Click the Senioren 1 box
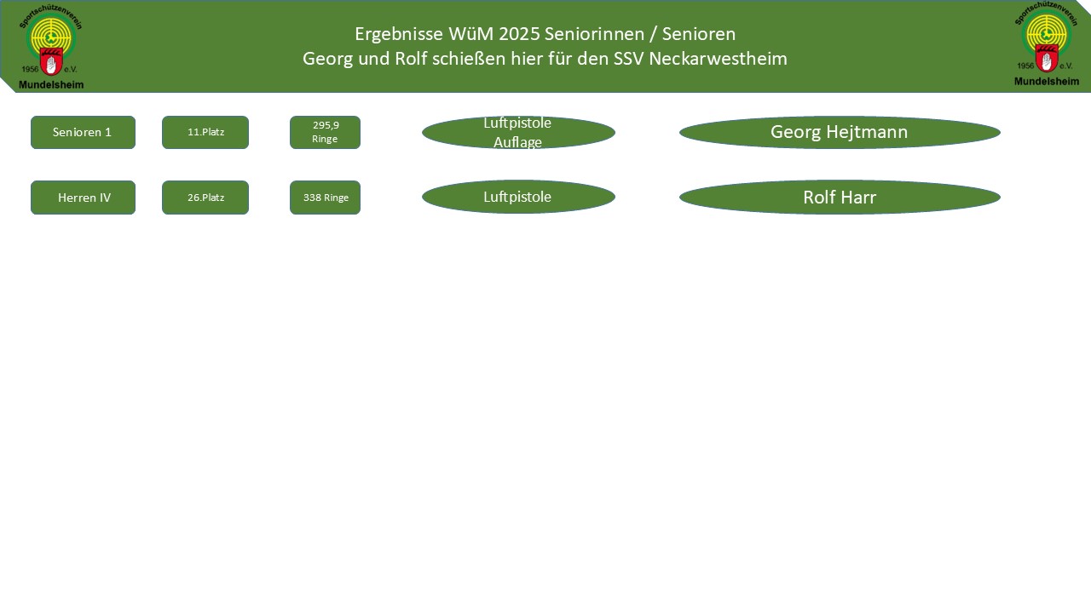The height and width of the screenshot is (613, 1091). (x=83, y=133)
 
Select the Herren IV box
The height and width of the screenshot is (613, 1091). (x=83, y=198)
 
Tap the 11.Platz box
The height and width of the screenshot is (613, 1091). (x=205, y=133)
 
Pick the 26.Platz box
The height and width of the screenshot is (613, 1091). (x=205, y=198)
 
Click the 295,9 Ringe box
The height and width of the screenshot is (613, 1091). (x=325, y=133)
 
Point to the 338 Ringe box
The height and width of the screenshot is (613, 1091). (x=325, y=198)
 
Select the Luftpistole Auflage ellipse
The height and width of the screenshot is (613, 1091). (x=518, y=133)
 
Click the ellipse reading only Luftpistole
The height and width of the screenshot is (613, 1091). (x=518, y=198)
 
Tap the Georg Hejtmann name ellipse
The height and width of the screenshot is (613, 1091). (x=840, y=133)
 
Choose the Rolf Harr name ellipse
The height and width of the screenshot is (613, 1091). (x=840, y=198)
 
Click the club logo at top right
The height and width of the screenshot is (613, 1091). (x=1046, y=43)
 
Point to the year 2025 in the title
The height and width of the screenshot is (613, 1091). (x=519, y=35)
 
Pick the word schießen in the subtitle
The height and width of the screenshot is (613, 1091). (x=471, y=60)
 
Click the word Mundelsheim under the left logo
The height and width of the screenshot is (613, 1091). (x=51, y=84)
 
